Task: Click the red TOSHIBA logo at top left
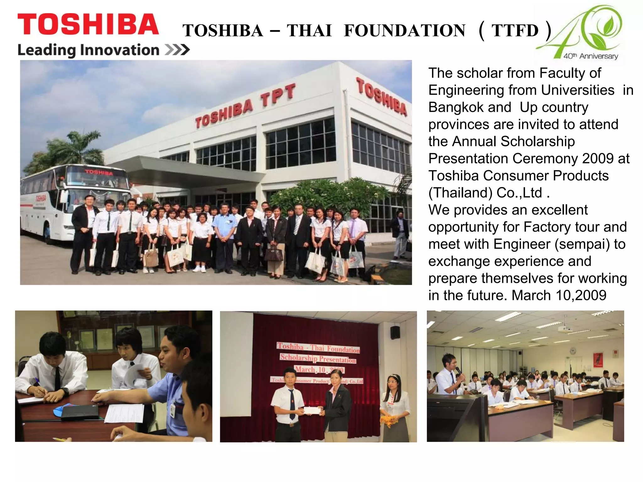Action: pos(88,24)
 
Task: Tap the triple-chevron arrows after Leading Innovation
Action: pos(177,50)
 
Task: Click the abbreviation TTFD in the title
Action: pos(515,31)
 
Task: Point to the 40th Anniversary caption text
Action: pos(590,56)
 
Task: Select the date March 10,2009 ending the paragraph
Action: pos(559,295)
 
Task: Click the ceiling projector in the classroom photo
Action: pos(565,329)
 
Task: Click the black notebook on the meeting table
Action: pos(79,412)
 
